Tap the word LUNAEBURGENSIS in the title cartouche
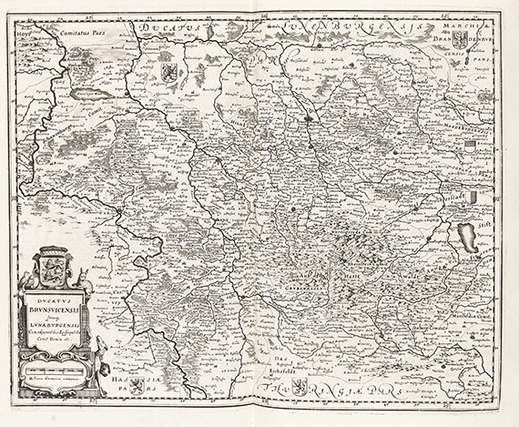58,322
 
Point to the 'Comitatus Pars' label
90,29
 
